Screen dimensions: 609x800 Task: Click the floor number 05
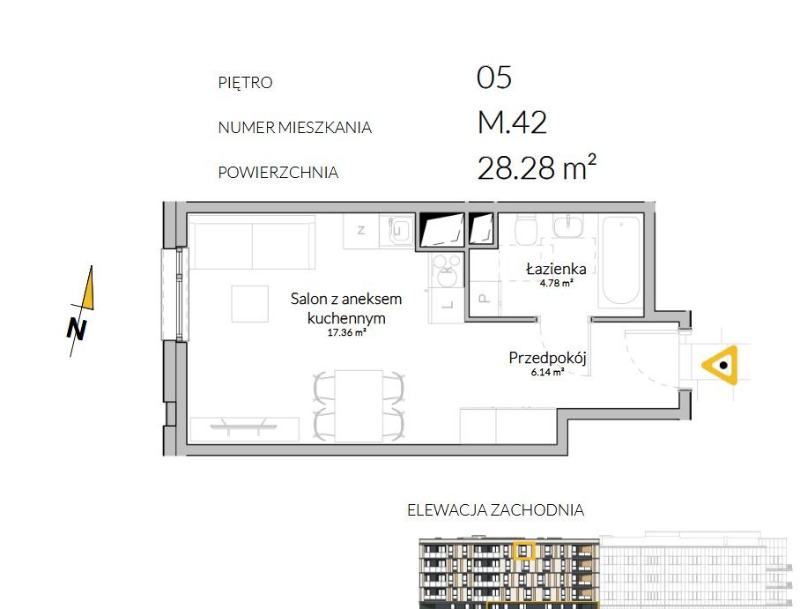[x=494, y=78]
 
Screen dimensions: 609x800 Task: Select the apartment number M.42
[x=512, y=123]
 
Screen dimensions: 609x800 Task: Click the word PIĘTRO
[x=245, y=83]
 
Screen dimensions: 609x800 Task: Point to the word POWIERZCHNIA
[x=278, y=173]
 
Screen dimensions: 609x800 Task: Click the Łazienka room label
[x=556, y=269]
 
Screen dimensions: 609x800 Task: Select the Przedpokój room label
[x=547, y=359]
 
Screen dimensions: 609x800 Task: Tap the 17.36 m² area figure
[x=346, y=333]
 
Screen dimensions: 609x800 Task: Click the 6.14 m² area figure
[x=547, y=373]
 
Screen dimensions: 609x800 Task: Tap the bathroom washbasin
[x=570, y=227]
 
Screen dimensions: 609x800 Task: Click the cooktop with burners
[x=441, y=270]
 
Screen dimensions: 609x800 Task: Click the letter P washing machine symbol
[x=484, y=297]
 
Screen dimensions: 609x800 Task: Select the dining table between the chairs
[x=359, y=405]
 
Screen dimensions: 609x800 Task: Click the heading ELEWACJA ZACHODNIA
[x=495, y=509]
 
